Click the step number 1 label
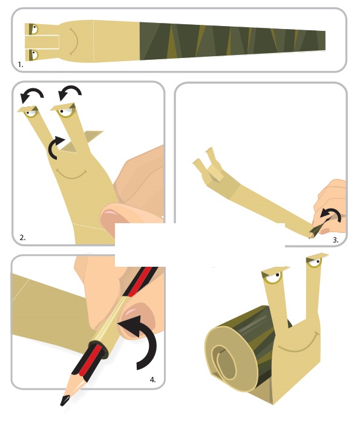point(21,65)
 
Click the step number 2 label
point(22,237)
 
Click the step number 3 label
point(336,240)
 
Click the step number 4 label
point(152,380)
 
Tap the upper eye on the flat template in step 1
point(34,28)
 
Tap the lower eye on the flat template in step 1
point(34,55)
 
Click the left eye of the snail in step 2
point(30,113)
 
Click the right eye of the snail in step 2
point(65,111)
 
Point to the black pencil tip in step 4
point(65,400)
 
